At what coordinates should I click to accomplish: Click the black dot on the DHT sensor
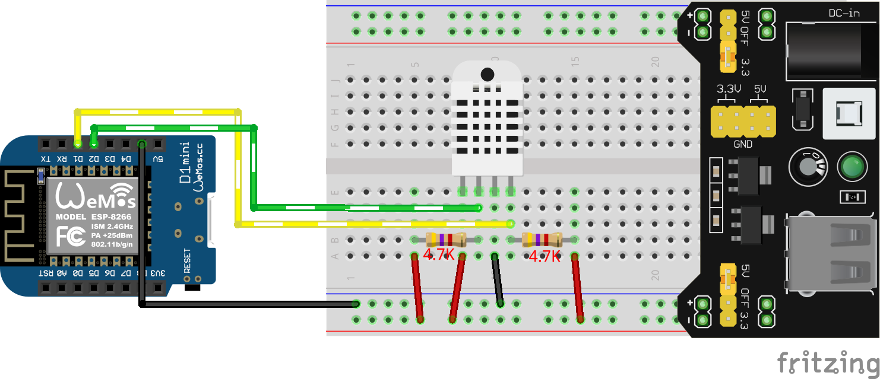click(x=487, y=75)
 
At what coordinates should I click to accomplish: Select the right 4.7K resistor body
click(x=542, y=240)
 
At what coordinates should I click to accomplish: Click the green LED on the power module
click(x=851, y=167)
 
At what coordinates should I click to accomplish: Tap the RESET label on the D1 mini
click(x=187, y=260)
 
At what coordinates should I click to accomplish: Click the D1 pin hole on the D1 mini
click(x=78, y=144)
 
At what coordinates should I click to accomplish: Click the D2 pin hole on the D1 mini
click(x=94, y=144)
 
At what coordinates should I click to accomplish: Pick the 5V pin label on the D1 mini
click(x=157, y=158)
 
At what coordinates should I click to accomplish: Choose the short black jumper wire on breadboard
click(x=497, y=279)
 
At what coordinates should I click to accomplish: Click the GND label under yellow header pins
click(x=743, y=144)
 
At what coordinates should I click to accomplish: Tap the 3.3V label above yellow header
click(x=729, y=90)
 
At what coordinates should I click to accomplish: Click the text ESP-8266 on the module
click(x=112, y=218)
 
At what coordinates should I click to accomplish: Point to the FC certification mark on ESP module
click(x=69, y=236)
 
